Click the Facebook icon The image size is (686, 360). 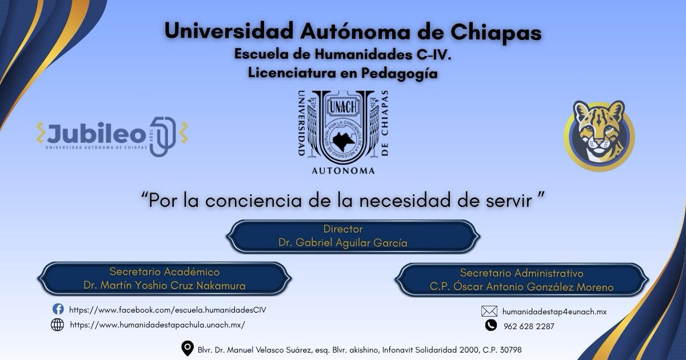coord(58,309)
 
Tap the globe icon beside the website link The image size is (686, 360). coord(57,325)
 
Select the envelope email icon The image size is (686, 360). coord(489,311)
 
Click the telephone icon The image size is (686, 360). coord(491,325)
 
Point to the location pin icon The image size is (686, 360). coord(188,349)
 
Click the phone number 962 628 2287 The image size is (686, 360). coord(529,326)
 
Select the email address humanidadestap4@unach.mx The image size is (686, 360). coord(555,311)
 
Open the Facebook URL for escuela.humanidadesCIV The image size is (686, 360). coord(167,310)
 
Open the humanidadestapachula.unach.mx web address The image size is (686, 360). coord(157,325)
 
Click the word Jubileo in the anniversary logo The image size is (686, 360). coord(97,133)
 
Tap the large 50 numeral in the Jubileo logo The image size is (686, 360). coord(163,136)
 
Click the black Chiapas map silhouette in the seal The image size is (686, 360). coord(344,141)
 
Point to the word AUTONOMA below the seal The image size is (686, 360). coord(344,171)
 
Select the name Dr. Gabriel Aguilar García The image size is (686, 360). coord(342,243)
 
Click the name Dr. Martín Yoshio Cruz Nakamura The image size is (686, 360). coord(165,286)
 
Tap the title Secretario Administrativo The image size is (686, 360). coord(521,273)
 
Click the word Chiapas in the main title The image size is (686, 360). coord(496,32)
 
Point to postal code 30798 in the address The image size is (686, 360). coord(510,350)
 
